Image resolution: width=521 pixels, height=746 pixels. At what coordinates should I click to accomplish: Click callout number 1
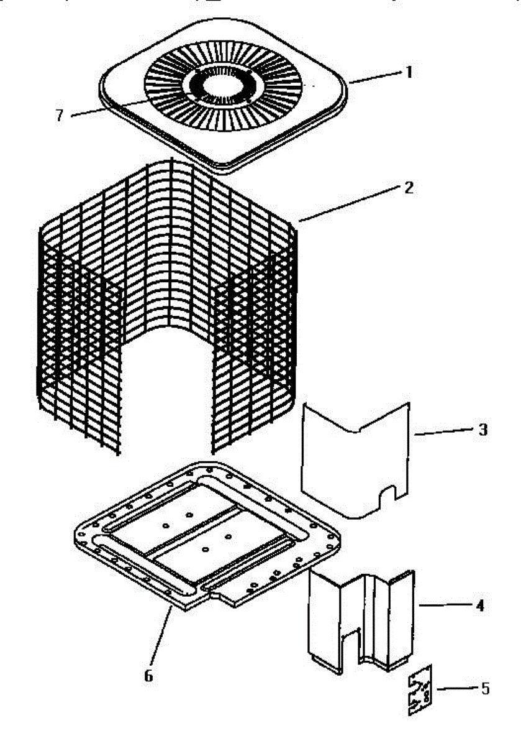[408, 72]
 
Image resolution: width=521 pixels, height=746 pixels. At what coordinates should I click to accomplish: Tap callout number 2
[408, 187]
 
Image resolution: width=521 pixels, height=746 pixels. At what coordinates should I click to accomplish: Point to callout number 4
[479, 604]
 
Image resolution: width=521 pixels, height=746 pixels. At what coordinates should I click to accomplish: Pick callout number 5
[484, 688]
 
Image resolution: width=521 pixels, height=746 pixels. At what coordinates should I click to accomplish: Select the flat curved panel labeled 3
[354, 460]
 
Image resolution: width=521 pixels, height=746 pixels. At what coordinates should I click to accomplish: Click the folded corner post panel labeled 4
[360, 622]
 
